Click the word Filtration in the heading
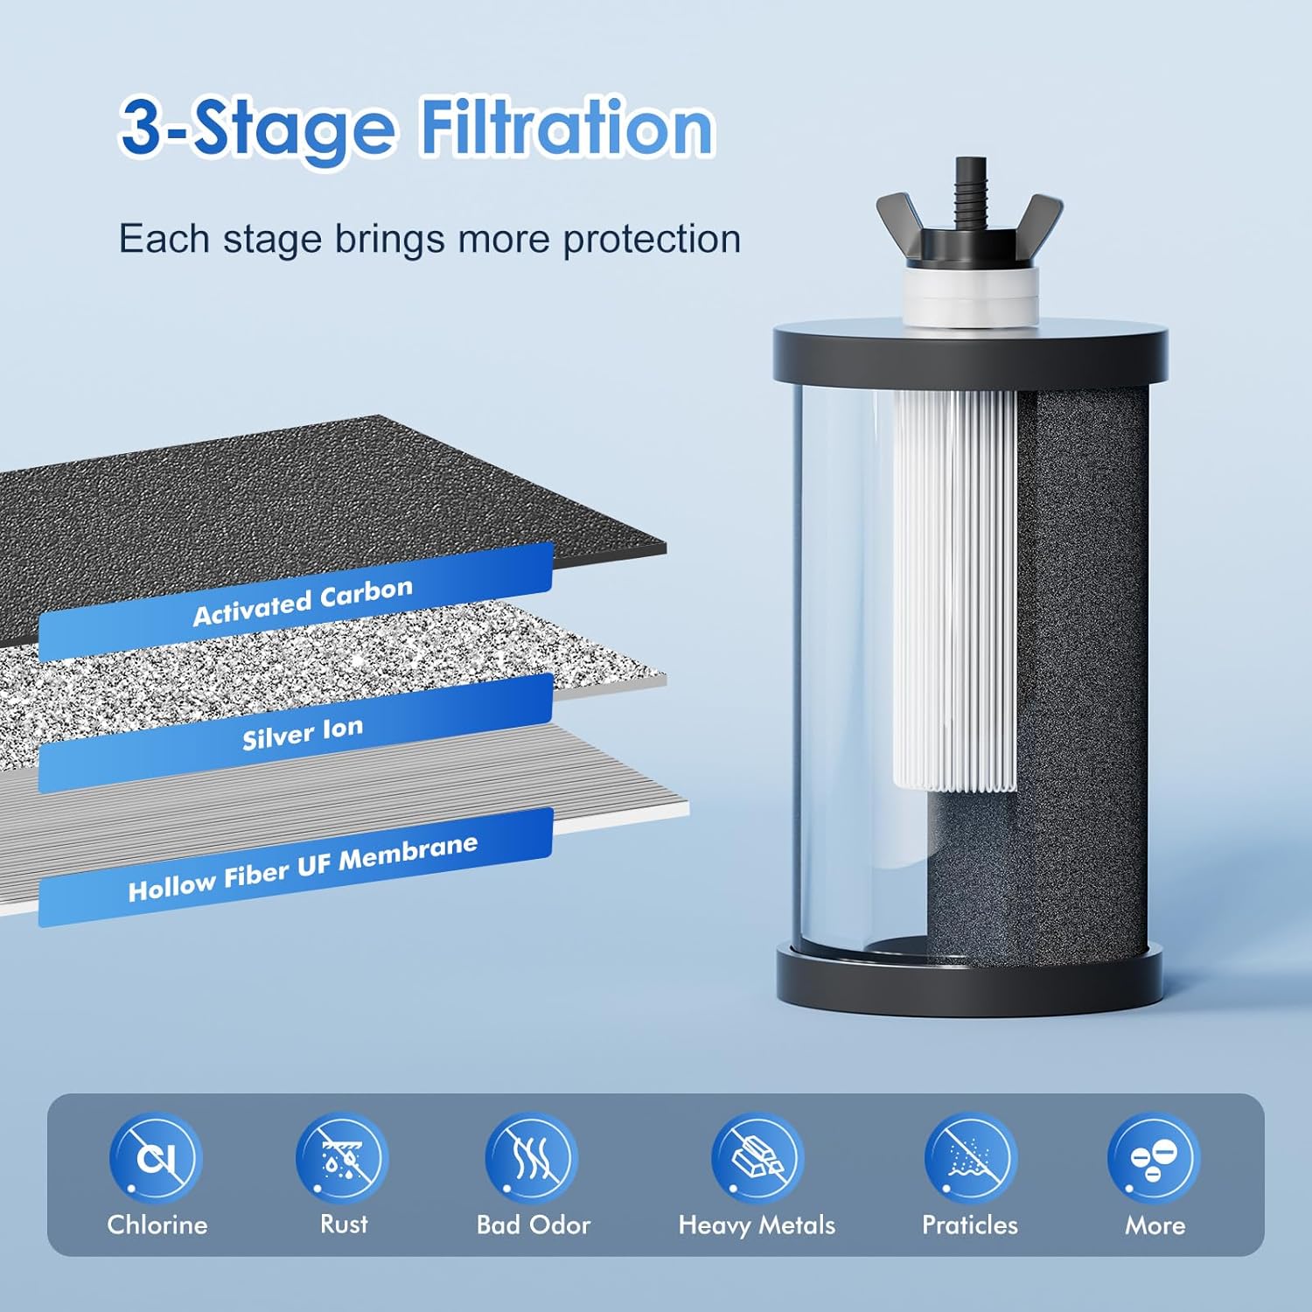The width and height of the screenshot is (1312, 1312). tap(567, 129)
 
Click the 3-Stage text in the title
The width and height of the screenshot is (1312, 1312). tap(258, 129)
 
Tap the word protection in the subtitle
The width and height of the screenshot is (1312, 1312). tap(652, 239)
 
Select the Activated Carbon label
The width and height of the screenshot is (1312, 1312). tap(302, 602)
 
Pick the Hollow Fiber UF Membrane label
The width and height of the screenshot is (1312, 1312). tap(302, 868)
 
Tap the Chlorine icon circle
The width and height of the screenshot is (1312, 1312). tap(156, 1157)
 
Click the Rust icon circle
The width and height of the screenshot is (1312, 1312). tap(342, 1157)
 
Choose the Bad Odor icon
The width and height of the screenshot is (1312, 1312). tap(532, 1157)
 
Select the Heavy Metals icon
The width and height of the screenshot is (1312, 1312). tap(757, 1157)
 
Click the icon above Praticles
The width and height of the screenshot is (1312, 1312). tap(970, 1157)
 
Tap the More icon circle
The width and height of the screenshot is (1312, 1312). tap(1154, 1157)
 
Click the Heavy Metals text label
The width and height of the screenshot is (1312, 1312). tap(757, 1225)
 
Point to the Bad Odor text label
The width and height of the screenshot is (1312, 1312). tap(533, 1225)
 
